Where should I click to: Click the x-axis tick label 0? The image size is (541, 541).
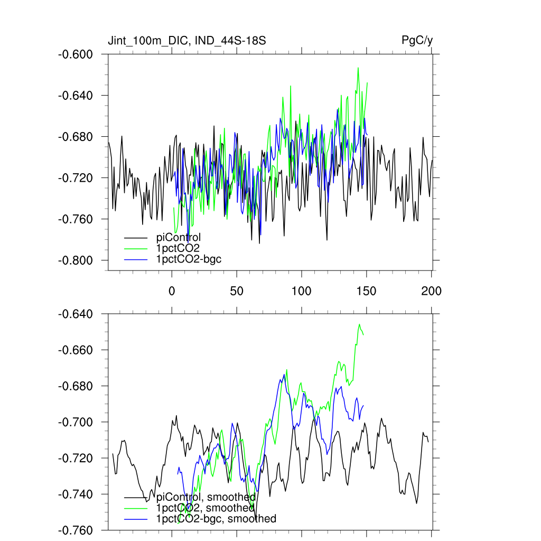(172, 291)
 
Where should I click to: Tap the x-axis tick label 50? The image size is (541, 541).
(236, 291)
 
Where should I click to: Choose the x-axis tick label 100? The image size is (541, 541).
(301, 291)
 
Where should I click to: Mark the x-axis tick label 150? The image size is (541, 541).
(366, 291)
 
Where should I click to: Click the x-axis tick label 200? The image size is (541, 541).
(431, 291)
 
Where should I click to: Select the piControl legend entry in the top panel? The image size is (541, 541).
(179, 237)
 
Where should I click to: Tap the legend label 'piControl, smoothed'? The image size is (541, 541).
(206, 497)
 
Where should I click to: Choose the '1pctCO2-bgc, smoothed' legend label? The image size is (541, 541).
(216, 519)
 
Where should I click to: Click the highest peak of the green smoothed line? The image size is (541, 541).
(360, 324)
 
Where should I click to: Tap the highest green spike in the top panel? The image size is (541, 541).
(358, 68)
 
